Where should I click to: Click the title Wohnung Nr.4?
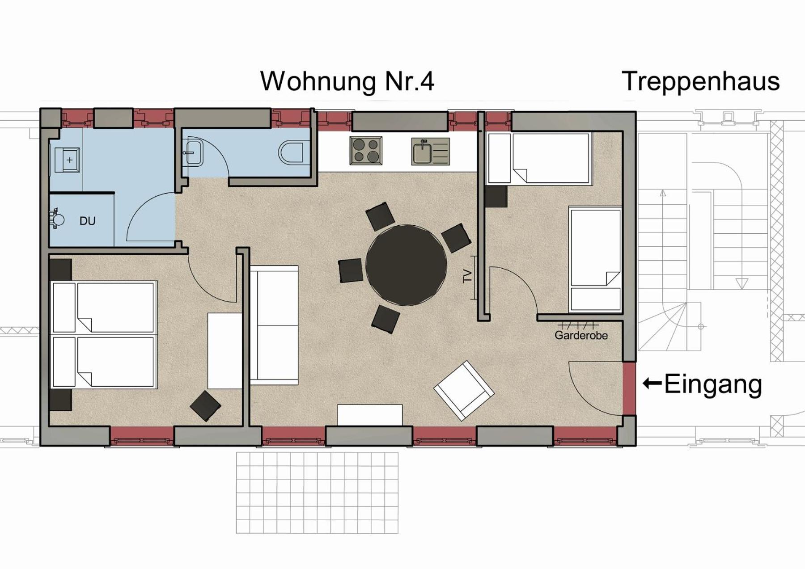(347, 81)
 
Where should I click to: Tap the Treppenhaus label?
(701, 82)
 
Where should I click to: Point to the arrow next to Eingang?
(652, 383)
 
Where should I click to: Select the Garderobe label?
(581, 335)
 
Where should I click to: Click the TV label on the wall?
(467, 276)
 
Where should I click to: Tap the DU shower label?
(87, 221)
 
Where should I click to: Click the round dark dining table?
(406, 265)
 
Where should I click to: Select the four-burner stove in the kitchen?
(366, 151)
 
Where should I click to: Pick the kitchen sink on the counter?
(430, 152)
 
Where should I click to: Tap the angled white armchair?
(464, 391)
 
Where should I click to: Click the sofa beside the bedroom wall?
(274, 325)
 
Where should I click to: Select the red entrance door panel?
(629, 388)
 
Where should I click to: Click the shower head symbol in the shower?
(57, 219)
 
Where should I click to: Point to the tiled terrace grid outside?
(317, 493)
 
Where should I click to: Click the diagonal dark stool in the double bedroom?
(205, 406)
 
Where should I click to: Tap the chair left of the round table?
(351, 270)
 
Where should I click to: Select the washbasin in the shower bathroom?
(68, 160)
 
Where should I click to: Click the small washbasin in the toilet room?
(193, 152)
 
